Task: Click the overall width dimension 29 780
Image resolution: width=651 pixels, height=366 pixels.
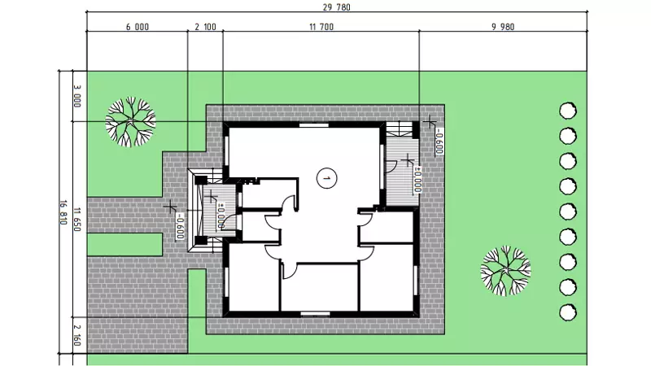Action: (x=337, y=7)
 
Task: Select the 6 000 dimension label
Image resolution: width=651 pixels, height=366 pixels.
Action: (x=138, y=27)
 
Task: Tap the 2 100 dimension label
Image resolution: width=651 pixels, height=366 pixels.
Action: (x=206, y=27)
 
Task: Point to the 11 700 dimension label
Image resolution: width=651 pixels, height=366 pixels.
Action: (x=321, y=27)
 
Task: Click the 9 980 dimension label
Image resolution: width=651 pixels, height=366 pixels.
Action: (x=503, y=27)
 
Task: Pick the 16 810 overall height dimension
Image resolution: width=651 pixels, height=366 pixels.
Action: (x=63, y=212)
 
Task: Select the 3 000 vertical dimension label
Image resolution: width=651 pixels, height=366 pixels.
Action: (x=77, y=96)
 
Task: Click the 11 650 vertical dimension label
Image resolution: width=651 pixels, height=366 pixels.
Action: (x=77, y=219)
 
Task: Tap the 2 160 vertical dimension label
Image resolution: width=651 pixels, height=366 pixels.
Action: (x=77, y=335)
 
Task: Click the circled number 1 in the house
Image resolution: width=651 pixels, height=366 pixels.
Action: (x=327, y=178)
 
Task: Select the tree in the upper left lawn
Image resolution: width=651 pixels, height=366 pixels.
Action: (x=130, y=121)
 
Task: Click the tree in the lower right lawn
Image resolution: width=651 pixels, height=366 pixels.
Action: (x=505, y=271)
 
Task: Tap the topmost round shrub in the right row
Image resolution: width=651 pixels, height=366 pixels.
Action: (x=568, y=111)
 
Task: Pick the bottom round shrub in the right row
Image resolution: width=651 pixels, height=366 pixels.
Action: (x=568, y=312)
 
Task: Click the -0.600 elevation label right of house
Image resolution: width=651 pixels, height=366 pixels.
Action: (x=439, y=141)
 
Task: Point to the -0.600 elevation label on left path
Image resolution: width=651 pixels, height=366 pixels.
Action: (x=180, y=226)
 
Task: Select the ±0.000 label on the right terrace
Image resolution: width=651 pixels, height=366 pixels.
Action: (x=417, y=180)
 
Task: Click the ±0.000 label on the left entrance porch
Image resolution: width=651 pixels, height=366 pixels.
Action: (x=221, y=216)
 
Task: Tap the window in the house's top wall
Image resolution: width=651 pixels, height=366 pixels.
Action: (x=314, y=124)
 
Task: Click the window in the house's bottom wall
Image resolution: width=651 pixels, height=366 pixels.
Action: (x=316, y=314)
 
